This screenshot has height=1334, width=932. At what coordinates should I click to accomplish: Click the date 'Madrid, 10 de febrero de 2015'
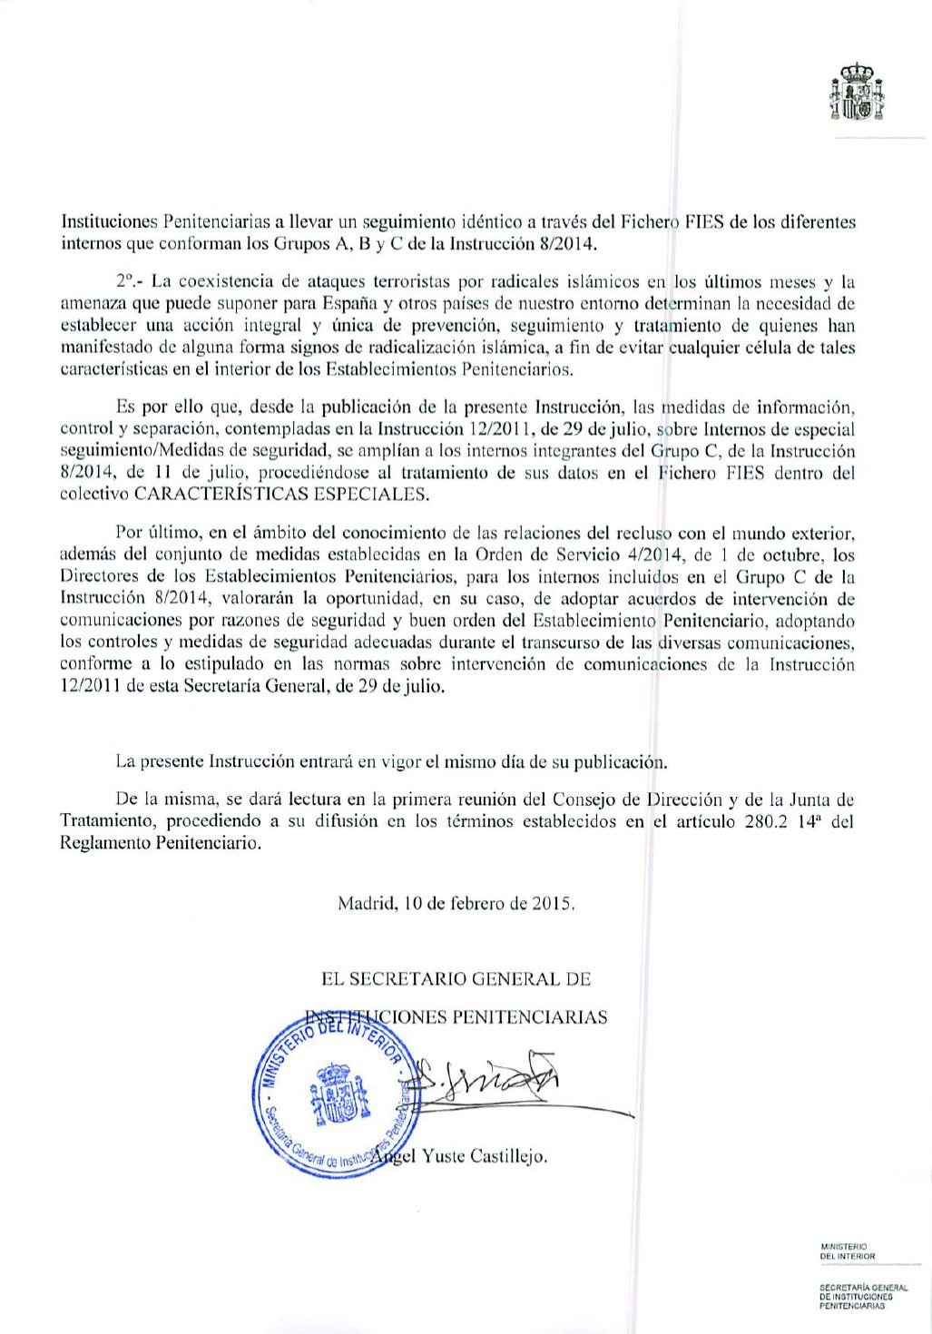click(457, 904)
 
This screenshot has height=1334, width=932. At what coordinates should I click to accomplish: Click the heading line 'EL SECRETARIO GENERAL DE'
click(456, 979)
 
